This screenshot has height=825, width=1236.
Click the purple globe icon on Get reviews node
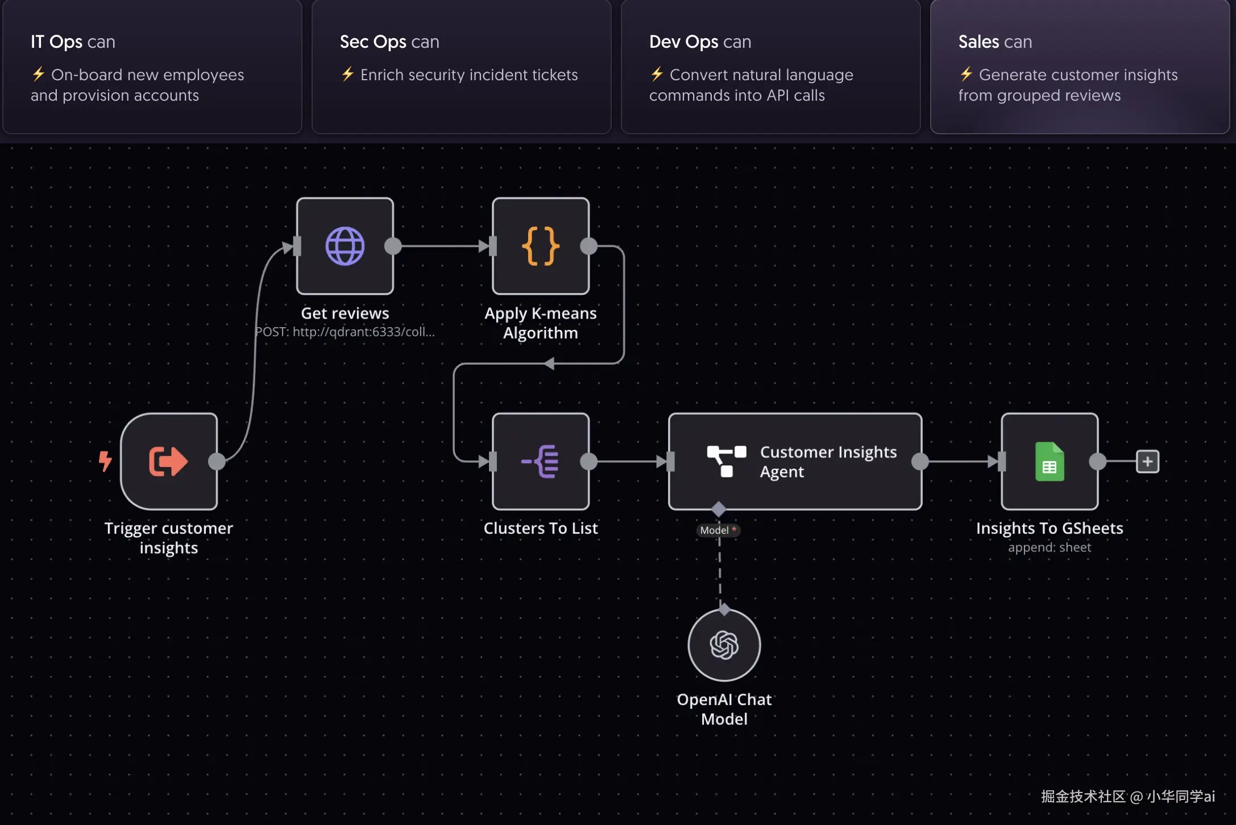[x=345, y=246]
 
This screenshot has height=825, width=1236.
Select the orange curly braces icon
[x=541, y=246]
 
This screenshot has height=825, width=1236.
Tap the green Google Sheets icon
[x=1050, y=461]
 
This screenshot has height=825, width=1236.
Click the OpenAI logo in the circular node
[x=724, y=645]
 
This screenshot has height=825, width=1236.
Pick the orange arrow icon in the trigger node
[x=168, y=461]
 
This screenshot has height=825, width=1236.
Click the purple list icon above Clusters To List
[x=540, y=461]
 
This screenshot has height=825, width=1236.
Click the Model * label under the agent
[x=718, y=530]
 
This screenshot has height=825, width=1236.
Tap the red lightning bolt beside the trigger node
[x=105, y=461]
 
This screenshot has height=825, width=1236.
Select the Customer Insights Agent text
[x=828, y=461]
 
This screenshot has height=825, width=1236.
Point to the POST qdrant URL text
[x=345, y=332]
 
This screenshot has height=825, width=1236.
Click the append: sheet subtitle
[x=1050, y=547]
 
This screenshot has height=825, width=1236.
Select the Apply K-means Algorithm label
[x=541, y=323]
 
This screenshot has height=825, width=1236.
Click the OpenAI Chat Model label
[x=724, y=709]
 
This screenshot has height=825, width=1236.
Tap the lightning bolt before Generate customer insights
[x=966, y=74]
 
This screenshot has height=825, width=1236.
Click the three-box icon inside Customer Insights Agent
[x=726, y=461]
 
